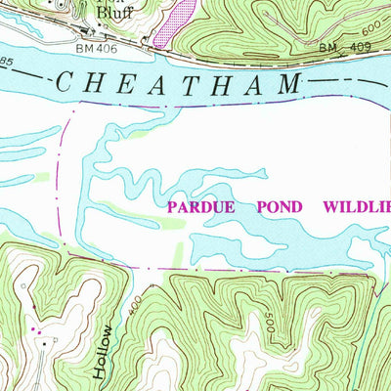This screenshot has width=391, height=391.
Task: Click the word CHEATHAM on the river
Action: tap(176, 84)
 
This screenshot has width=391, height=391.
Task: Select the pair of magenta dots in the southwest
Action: tap(39, 332)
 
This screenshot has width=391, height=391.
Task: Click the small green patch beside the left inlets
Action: tap(41, 177)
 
